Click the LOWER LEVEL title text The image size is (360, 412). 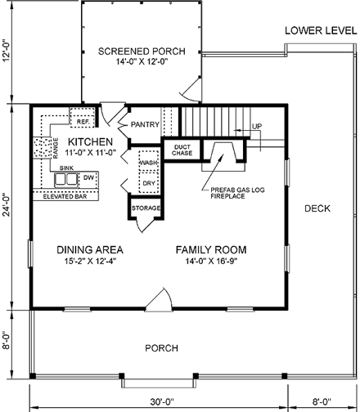(x=321, y=31)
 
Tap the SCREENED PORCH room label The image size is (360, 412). (x=142, y=51)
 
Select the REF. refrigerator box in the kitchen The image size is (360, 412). (x=83, y=118)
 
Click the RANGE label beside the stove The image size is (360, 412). (x=56, y=148)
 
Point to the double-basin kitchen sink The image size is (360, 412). (x=65, y=180)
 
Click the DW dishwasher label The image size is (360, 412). (x=88, y=178)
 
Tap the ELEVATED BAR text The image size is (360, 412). (x=65, y=196)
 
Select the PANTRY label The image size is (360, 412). (x=145, y=124)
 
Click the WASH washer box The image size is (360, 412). (x=149, y=161)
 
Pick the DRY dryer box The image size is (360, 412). (x=149, y=182)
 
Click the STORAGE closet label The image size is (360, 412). (x=146, y=208)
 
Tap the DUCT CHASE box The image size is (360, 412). (x=182, y=150)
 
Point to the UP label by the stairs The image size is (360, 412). (x=257, y=127)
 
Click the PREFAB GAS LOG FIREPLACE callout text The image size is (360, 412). (x=237, y=193)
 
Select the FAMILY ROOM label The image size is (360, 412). (x=211, y=250)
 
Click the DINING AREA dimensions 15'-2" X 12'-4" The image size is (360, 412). (x=90, y=262)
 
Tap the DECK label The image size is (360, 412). (x=317, y=208)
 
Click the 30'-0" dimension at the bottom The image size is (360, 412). (x=162, y=401)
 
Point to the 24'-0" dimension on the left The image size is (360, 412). (x=7, y=205)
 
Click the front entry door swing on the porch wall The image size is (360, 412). (x=159, y=299)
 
